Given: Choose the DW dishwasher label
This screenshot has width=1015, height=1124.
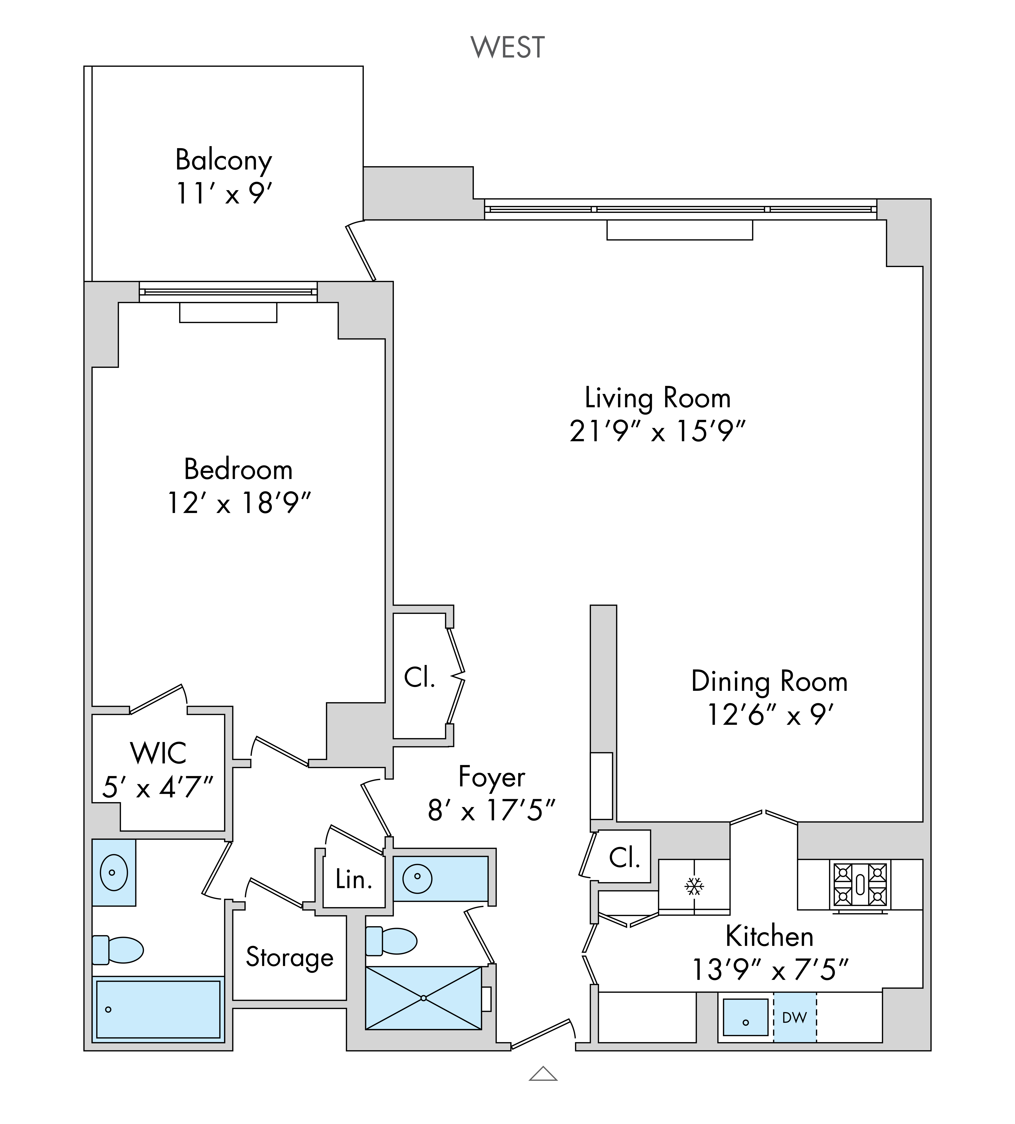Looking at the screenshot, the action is (x=794, y=1017).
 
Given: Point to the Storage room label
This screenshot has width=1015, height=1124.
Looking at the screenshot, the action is (x=290, y=957).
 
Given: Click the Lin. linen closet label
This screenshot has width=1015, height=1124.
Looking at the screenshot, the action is (x=354, y=880).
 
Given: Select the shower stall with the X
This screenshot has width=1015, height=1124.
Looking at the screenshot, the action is (x=424, y=998).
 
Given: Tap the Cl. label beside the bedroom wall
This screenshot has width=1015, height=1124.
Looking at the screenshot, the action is (x=419, y=677).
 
